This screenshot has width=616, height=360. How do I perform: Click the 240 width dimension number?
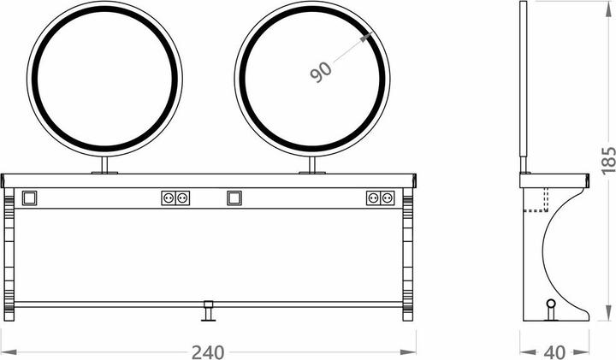click(208, 352)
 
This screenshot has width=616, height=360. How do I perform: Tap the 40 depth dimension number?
click(554, 352)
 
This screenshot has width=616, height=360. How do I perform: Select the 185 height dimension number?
click(608, 161)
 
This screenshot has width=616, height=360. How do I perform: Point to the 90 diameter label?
click(321, 71)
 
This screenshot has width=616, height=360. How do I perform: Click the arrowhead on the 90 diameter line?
click(366, 38)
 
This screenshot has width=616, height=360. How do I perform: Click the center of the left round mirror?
click(104, 79)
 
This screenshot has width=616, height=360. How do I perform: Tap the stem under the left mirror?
click(104, 164)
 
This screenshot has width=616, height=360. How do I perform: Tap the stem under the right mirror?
click(312, 164)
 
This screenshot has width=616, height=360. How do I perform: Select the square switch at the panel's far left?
click(29, 198)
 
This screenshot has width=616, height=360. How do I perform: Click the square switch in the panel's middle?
click(234, 198)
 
